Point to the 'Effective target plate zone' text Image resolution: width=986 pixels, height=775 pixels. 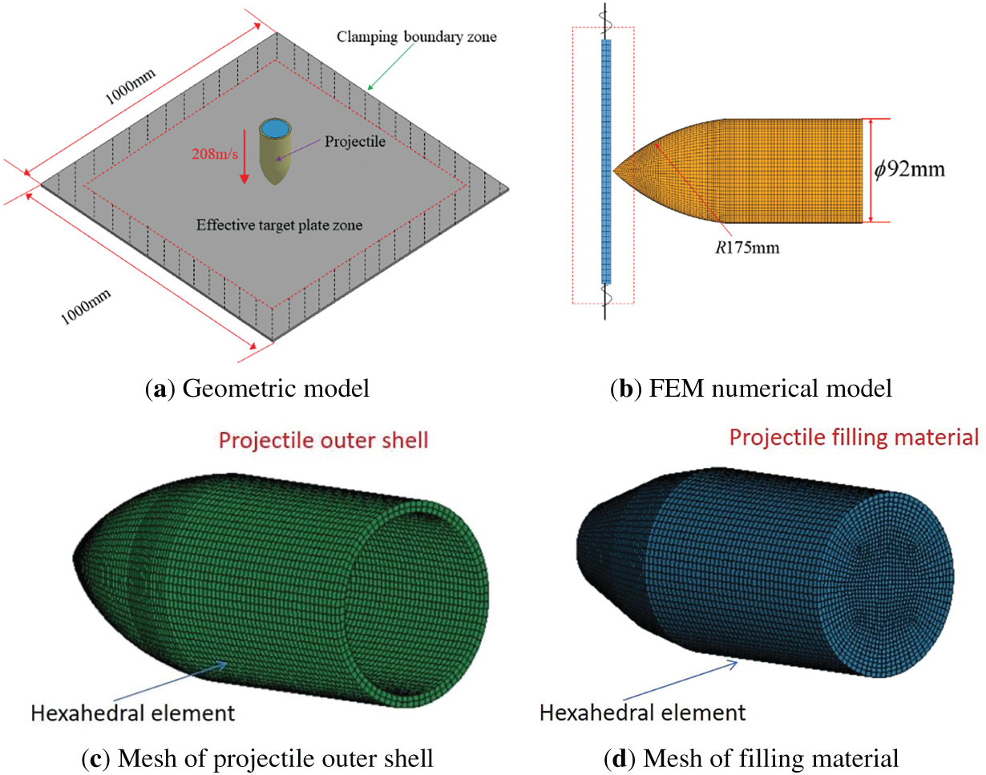click(280, 225)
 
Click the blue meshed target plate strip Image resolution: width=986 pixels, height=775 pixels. click(605, 160)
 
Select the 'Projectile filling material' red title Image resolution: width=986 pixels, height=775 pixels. click(854, 438)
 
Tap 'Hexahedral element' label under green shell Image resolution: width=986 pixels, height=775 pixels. click(131, 711)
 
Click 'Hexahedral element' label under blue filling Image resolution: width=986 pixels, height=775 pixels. click(642, 711)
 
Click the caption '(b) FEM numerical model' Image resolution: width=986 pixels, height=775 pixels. click(751, 390)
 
